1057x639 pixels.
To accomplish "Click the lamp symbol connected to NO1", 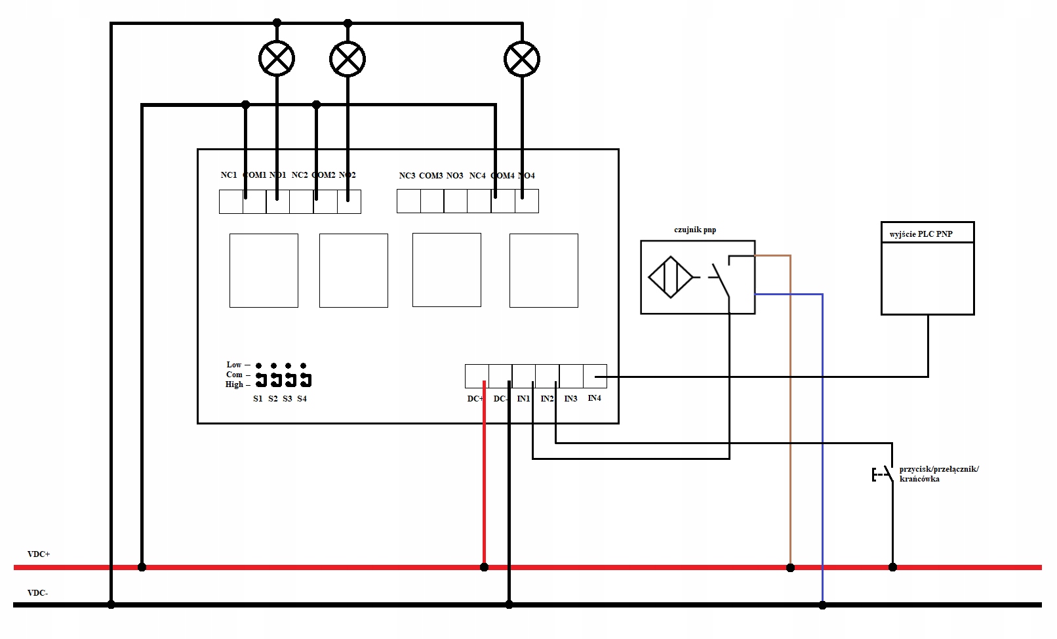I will (277, 59).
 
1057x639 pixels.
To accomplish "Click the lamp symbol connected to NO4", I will (522, 59).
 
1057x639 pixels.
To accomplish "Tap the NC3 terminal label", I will (407, 176).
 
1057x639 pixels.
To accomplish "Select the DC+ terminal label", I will (475, 399).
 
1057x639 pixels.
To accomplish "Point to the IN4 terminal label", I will (594, 398).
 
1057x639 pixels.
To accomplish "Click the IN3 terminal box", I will (571, 377).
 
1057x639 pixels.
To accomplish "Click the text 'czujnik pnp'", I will (695, 230).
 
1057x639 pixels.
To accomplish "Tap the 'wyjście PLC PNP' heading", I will (921, 234).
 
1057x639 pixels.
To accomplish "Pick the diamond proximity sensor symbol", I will (670, 277).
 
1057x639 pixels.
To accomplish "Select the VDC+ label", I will (39, 554).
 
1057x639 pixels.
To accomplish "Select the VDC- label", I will (37, 593).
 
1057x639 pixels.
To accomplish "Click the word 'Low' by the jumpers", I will (234, 365).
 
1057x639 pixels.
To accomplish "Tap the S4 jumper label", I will (302, 399).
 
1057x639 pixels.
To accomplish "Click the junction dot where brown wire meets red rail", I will (790, 567).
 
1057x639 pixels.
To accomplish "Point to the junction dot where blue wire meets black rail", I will (822, 605).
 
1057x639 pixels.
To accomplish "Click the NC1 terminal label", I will (229, 175).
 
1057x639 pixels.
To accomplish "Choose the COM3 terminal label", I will (431, 176).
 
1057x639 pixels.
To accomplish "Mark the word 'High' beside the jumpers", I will (234, 384).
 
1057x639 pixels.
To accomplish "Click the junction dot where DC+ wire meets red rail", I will (484, 567).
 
